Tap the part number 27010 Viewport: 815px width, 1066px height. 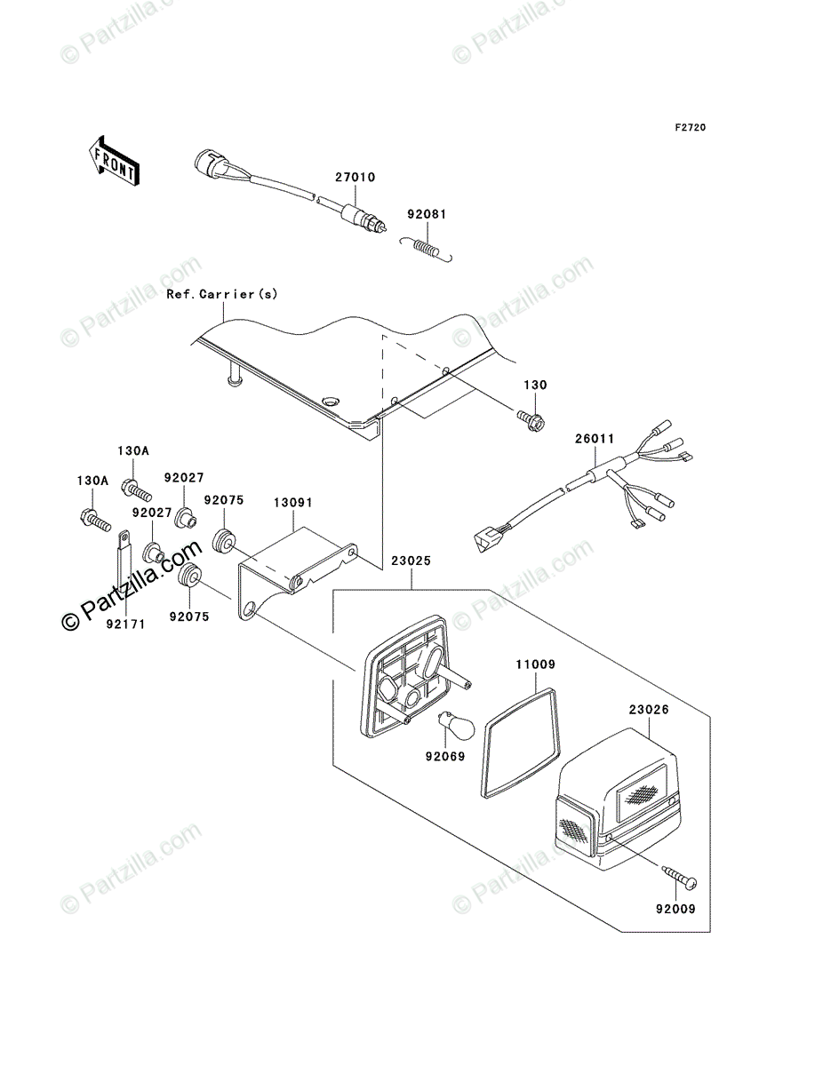(355, 178)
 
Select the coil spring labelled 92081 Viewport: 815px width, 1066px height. (427, 247)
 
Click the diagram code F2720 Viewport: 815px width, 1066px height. (691, 128)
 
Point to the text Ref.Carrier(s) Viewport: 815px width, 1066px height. (222, 294)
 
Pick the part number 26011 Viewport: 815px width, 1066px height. (595, 439)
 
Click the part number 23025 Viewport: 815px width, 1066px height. (411, 561)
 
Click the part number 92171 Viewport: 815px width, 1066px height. (126, 624)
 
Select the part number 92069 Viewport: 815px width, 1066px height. (445, 756)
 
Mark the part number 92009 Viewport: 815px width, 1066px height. (675, 909)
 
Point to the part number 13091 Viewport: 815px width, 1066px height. (292, 503)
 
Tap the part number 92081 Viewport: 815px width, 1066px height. (427, 214)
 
